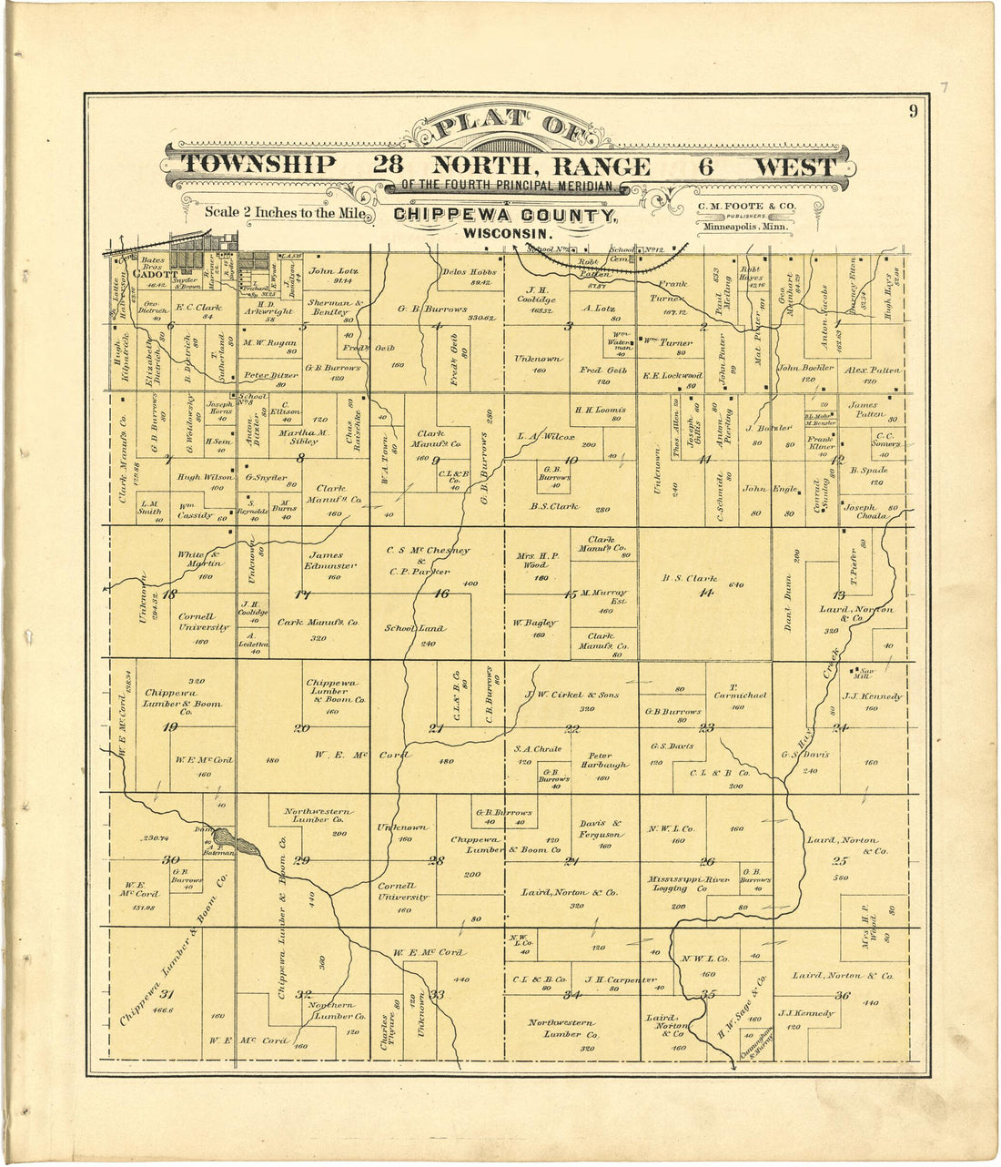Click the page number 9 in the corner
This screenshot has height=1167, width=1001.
tap(912, 113)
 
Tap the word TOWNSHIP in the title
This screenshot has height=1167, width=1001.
tap(258, 166)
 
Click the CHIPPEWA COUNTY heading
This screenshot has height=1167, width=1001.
tap(505, 216)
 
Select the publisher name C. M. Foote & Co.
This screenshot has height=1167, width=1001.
tap(746, 206)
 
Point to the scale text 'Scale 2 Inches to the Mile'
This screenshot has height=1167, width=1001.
tap(288, 213)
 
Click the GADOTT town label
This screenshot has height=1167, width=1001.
tap(152, 273)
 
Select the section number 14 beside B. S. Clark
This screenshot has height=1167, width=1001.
tap(705, 593)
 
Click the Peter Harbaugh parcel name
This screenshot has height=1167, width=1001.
tap(601, 760)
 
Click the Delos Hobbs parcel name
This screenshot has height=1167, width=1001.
tap(470, 272)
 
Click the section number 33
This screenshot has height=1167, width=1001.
tap(437, 995)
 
